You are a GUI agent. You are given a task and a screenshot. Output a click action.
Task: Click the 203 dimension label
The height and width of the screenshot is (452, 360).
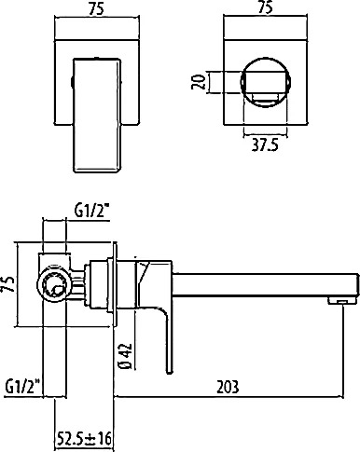coord(228,387)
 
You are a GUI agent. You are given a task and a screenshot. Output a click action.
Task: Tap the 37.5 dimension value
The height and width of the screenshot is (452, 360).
coord(265,144)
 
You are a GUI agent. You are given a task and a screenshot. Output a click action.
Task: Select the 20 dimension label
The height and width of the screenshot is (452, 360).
coord(199,82)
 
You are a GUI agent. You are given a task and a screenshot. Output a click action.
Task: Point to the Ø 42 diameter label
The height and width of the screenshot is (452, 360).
coord(126,356)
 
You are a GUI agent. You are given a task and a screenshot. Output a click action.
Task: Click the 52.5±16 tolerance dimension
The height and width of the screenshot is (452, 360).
coord(84,438)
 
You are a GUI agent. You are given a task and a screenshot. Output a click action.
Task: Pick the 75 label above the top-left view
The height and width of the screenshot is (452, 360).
coord(96,8)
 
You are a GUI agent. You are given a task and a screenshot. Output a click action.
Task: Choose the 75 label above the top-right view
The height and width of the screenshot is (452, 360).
coord(266,7)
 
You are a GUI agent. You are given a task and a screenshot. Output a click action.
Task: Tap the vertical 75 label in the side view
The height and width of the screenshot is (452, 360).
coord(9,284)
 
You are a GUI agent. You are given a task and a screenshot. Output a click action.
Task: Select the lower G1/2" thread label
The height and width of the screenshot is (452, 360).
coord(22,386)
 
